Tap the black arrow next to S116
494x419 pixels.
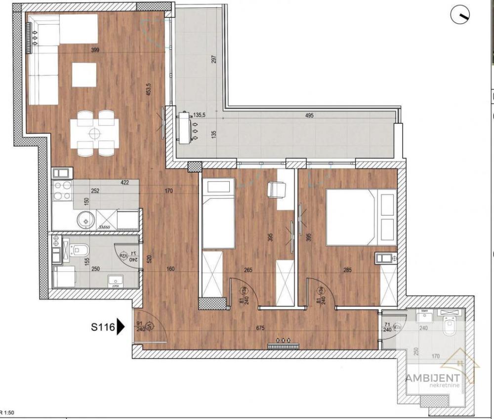click(120, 327)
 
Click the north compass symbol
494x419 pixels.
click(460, 16)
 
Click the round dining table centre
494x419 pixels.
click(94, 133)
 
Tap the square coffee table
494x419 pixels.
click(83, 75)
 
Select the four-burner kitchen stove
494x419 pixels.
click(62, 190)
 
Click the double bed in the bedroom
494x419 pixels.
click(361, 217)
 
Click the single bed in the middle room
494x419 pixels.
click(218, 215)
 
